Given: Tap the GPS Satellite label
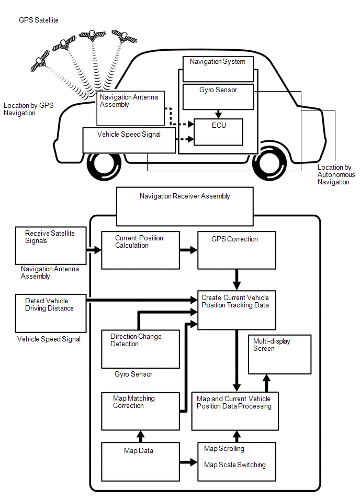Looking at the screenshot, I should pos(39,20).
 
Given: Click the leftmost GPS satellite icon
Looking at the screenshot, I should pos(39,62).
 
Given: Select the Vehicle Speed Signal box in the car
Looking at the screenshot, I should pos(129,140).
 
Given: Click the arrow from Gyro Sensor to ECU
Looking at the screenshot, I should pos(219,114).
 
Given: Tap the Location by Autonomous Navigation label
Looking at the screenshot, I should pos(336,175).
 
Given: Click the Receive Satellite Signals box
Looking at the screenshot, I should pos(51,245).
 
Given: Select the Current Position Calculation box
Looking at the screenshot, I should pos(140,250).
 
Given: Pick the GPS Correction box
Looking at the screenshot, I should pos(236,250).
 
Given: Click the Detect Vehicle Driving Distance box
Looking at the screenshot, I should pos(51,313).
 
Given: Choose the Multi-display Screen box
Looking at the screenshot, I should pos(279,354).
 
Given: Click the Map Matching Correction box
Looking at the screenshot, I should pos(140,410).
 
